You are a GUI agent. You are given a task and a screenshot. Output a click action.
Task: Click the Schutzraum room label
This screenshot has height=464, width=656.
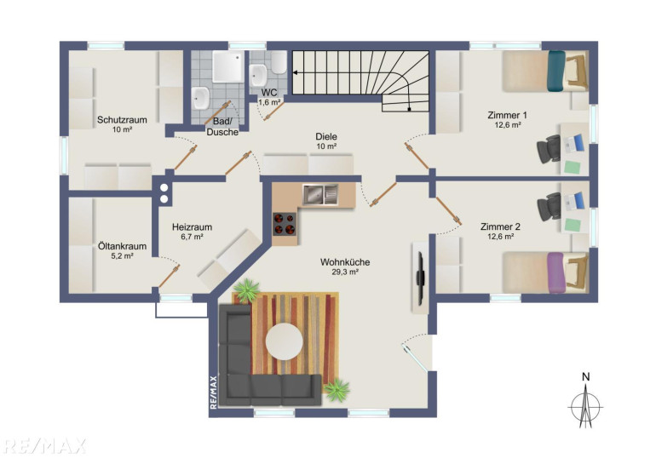tap(122, 120)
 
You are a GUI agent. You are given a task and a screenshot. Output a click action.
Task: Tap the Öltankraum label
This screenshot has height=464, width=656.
tap(122, 246)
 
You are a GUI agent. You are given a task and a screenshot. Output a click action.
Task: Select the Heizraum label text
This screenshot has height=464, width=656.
tap(192, 227)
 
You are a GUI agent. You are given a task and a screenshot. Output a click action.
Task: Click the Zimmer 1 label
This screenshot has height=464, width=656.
tap(508, 115)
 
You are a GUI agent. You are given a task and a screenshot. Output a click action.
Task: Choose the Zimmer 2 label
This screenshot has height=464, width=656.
tap(500, 227)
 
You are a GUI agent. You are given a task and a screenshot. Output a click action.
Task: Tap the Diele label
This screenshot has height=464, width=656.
tap(326, 137)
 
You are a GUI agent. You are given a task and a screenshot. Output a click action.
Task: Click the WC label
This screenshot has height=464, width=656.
tap(269, 93)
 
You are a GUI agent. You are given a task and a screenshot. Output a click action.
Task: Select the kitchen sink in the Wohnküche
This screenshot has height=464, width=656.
tap(320, 194)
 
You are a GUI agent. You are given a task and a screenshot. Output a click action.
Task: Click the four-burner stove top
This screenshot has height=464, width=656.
tap(285, 224)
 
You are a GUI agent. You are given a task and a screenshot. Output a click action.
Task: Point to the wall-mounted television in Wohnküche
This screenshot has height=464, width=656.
tap(420, 277)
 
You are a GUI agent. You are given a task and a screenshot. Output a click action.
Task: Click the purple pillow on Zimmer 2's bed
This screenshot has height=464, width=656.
tap(556, 273)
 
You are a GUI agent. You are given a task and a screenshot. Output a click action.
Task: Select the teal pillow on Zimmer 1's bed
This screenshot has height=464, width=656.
tap(556, 71)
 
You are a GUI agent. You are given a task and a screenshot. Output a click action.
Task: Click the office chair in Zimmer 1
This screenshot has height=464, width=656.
tap(549, 149)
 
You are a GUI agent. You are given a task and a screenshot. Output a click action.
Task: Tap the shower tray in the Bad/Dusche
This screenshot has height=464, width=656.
tap(228, 66)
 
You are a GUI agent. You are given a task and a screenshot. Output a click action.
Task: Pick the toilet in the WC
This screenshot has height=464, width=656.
tap(279, 62)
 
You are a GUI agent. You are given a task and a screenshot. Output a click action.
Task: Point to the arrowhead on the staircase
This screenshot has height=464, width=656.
tap(295, 72)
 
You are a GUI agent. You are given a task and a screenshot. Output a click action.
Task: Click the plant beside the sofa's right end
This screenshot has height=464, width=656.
tap(337, 390)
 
